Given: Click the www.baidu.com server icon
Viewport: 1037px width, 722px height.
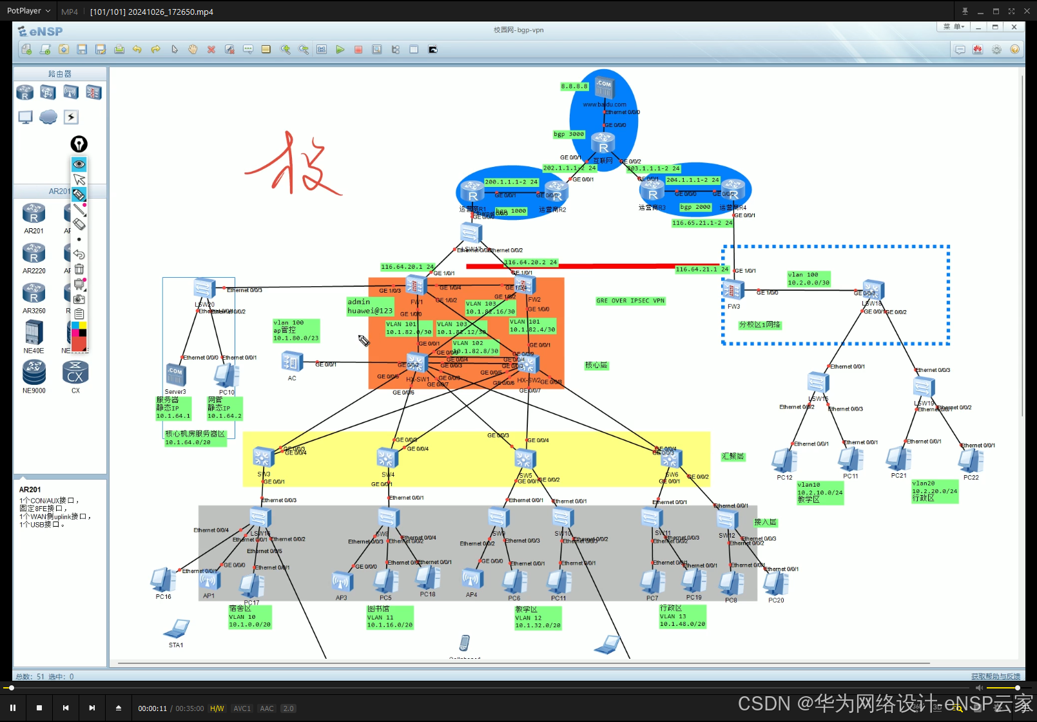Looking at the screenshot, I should [604, 88].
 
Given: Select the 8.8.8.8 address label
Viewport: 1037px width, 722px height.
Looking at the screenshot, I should [574, 86].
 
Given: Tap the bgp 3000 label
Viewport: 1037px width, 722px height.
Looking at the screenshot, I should [568, 134].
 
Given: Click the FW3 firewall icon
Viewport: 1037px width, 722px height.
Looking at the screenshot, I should [733, 290].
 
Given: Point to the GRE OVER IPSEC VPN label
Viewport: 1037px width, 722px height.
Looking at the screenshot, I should [630, 300].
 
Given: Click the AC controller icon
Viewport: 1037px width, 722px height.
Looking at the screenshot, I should [292, 362].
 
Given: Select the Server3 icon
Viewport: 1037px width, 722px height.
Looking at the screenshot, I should [175, 375].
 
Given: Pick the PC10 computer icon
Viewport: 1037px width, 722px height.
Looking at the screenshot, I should [226, 375].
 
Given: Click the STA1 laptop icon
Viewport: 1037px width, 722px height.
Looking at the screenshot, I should [177, 629].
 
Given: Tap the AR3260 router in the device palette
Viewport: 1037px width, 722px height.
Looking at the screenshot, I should [34, 293].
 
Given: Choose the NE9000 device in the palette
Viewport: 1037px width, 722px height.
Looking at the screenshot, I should [34, 373].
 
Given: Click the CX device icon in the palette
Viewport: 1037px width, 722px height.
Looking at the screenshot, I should [75, 373].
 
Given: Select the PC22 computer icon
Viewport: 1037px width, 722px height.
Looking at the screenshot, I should [971, 461].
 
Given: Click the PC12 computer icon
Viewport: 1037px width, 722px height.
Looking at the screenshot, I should [784, 460].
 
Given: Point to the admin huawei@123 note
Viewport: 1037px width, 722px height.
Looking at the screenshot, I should [369, 306].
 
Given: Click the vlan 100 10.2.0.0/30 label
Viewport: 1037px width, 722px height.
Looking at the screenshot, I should [808, 278].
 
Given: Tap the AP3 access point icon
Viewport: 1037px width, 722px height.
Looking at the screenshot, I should [342, 581].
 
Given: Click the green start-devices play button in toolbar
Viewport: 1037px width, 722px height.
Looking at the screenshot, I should [340, 50].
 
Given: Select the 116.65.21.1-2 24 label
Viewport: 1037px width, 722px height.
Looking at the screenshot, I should [702, 223].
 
